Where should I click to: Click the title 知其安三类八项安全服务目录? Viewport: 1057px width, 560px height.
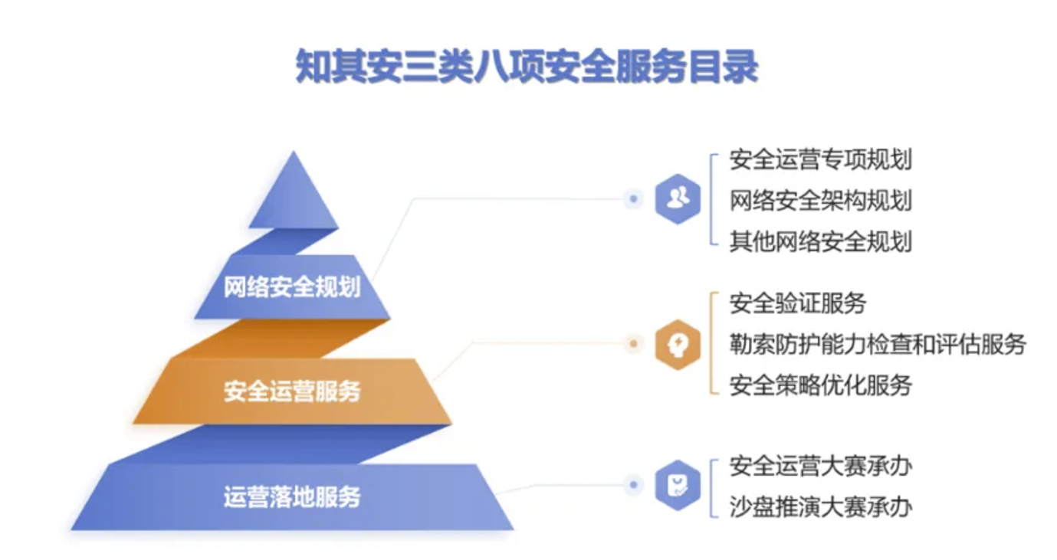(x=527, y=67)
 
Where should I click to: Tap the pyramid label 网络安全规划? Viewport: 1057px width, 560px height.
(x=292, y=287)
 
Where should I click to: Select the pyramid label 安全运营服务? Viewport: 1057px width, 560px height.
(x=292, y=391)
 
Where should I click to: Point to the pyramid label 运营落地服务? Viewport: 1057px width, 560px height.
(x=292, y=496)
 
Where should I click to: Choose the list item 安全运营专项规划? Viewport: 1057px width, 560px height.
(x=821, y=159)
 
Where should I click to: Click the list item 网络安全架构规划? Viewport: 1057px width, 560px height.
(x=821, y=200)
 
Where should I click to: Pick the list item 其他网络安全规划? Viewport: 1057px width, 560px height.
(x=821, y=241)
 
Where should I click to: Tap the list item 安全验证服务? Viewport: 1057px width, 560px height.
(x=798, y=303)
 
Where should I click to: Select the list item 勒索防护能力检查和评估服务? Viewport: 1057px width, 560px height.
(x=878, y=344)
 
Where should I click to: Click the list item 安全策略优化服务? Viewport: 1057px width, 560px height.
(x=821, y=385)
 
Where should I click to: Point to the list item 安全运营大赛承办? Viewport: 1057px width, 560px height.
(x=821, y=466)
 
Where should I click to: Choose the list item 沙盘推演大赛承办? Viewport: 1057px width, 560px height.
(x=821, y=507)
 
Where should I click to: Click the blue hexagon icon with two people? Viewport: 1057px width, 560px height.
(x=678, y=198)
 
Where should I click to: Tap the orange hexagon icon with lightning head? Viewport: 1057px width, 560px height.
(x=678, y=345)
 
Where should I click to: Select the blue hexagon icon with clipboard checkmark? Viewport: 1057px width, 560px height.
(x=678, y=485)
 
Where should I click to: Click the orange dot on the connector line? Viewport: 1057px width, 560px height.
(x=633, y=344)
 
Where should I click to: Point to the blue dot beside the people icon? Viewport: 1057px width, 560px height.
(x=633, y=198)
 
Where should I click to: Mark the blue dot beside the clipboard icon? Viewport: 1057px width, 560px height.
(x=633, y=484)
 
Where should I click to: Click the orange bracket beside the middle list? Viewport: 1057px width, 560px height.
(x=711, y=343)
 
